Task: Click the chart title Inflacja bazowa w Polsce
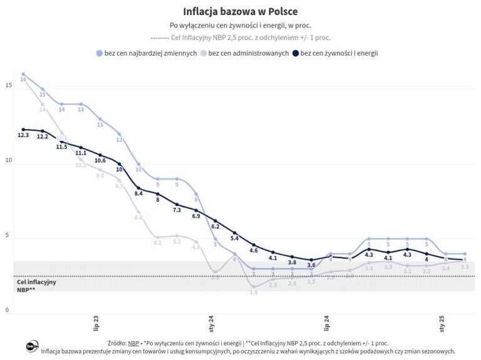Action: click(x=240, y=12)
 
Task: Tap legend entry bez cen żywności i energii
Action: click(x=339, y=53)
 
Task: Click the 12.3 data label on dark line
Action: click(x=23, y=135)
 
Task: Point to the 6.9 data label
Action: click(x=196, y=216)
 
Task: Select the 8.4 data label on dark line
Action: click(x=139, y=194)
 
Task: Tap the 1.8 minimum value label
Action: click(x=254, y=292)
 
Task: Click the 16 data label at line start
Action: click(x=23, y=80)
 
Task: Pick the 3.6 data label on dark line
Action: click(x=311, y=265)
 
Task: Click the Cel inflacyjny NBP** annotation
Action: click(x=36, y=286)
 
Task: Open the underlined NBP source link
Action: click(x=133, y=343)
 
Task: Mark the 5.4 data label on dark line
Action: click(x=235, y=239)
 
